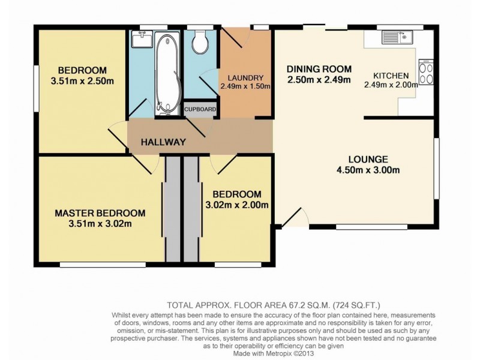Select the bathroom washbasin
coord(142,39)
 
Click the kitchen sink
coord(397,37)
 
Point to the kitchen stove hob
coord(426,71)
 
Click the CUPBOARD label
coord(200,109)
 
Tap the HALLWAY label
coord(163,142)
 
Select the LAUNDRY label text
coord(245,78)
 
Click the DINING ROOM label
coord(319,69)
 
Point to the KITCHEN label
coord(391,76)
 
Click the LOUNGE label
coord(368,159)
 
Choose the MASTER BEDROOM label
coord(100,213)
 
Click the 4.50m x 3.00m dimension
coord(368,170)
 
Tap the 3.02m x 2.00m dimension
coord(237,205)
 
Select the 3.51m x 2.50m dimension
coord(82,81)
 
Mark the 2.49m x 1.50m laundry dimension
coord(245,86)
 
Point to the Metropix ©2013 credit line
coord(289,353)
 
